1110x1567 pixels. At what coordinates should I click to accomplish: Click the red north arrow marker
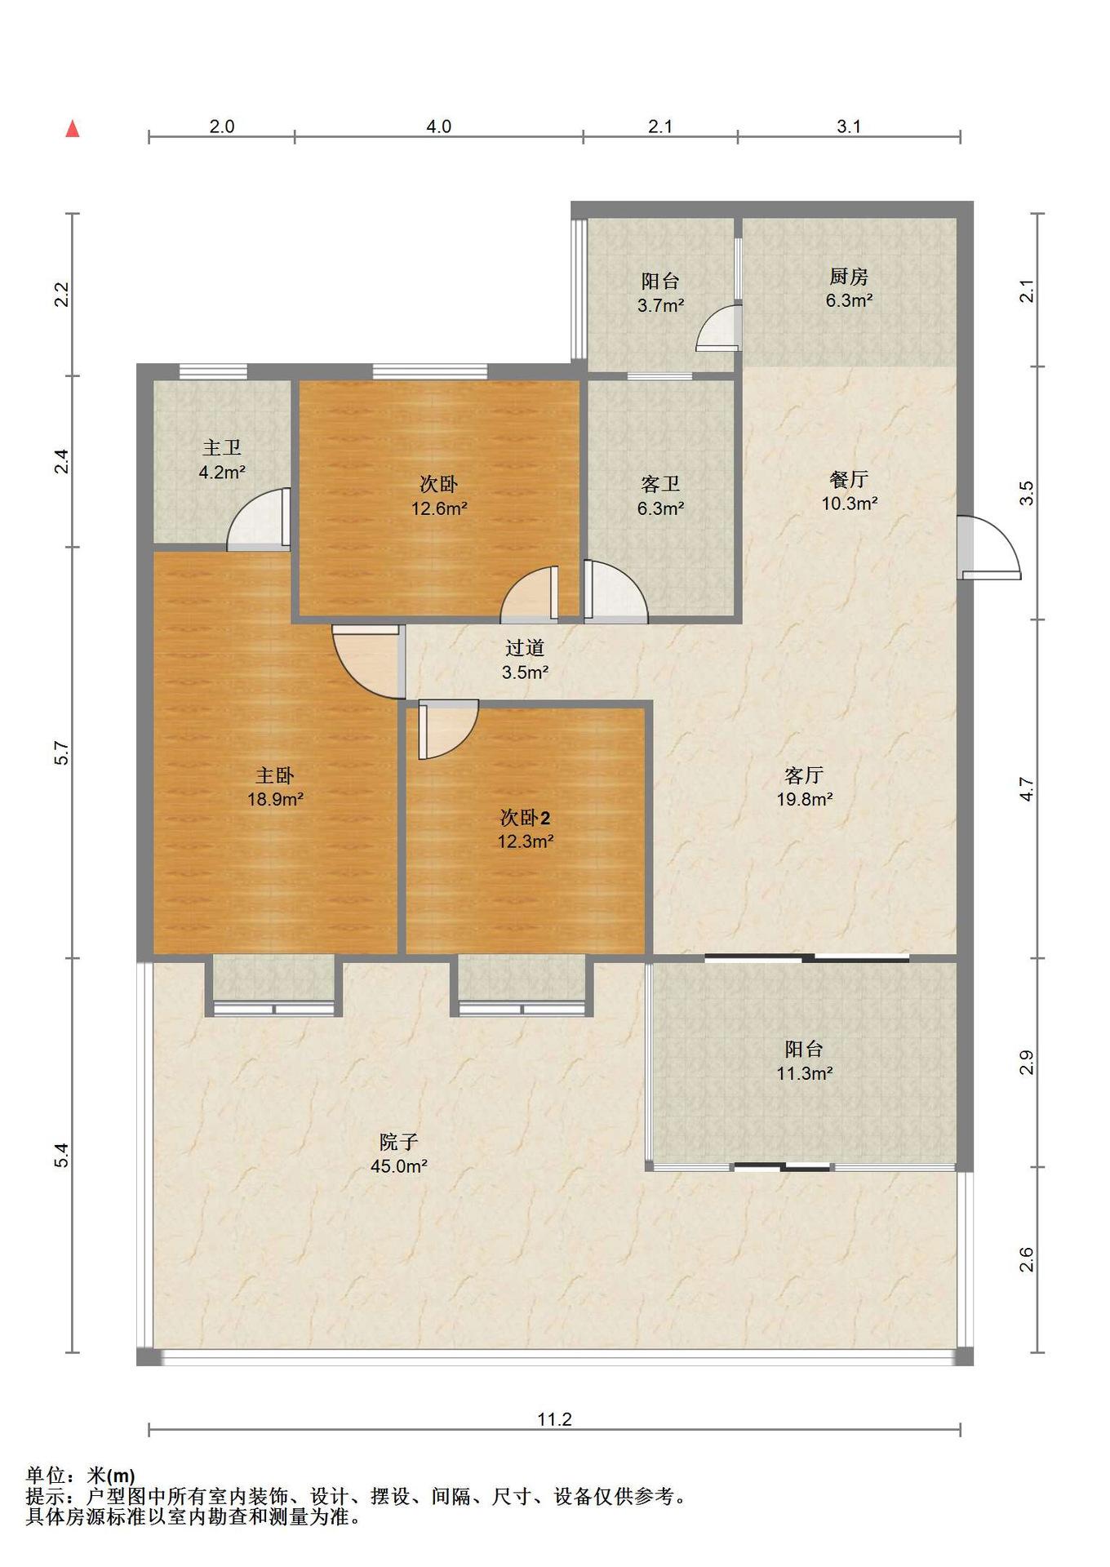point(73,128)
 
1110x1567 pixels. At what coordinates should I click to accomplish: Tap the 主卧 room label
point(275,775)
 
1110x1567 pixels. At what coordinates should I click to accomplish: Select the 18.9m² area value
point(275,799)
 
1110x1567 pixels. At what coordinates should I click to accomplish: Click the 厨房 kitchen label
point(849,276)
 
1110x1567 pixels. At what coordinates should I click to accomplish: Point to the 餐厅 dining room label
point(849,479)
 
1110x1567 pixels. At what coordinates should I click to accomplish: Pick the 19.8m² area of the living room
point(804,799)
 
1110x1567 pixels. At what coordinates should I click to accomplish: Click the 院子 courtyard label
point(398,1142)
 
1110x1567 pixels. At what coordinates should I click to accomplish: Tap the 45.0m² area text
point(398,1166)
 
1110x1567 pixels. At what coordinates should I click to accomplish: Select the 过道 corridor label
point(525,648)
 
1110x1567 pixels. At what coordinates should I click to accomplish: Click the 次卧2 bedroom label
point(525,817)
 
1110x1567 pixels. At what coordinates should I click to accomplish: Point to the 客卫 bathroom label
point(660,484)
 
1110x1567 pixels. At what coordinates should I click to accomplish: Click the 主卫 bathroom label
point(222,447)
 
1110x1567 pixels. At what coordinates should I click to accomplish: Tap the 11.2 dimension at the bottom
point(554,1419)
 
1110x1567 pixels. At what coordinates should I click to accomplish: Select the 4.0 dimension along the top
point(438,127)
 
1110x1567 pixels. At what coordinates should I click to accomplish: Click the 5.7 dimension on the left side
point(62,752)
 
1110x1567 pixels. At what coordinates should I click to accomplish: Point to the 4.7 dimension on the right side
point(1027,790)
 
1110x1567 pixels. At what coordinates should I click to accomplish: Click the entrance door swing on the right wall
point(989,547)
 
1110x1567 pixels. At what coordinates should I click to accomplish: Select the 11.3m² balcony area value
point(804,1073)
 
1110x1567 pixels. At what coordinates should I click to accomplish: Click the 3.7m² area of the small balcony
point(660,305)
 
